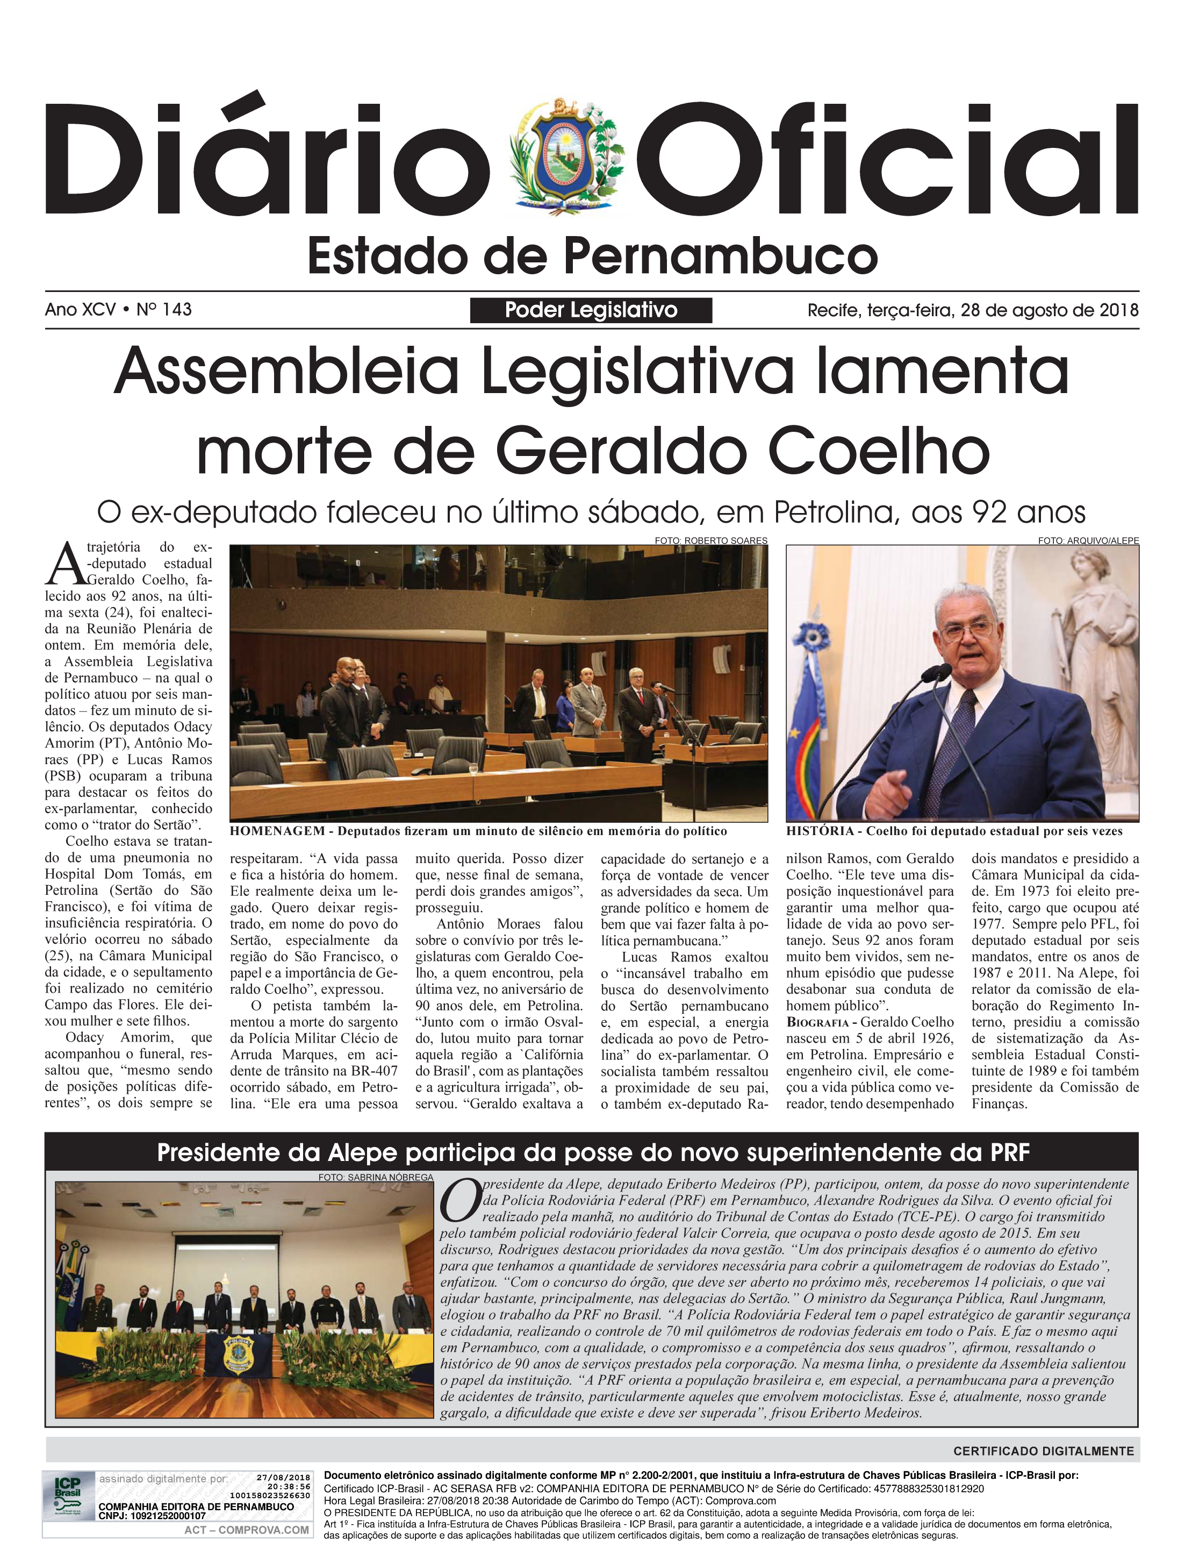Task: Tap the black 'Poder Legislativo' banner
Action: (x=591, y=310)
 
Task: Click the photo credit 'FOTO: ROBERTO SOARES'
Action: (x=710, y=540)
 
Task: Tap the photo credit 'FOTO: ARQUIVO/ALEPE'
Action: (x=1088, y=540)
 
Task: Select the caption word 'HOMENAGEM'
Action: (x=277, y=831)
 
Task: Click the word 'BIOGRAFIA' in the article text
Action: (x=818, y=1022)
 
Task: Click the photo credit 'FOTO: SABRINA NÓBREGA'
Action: (x=375, y=1178)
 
